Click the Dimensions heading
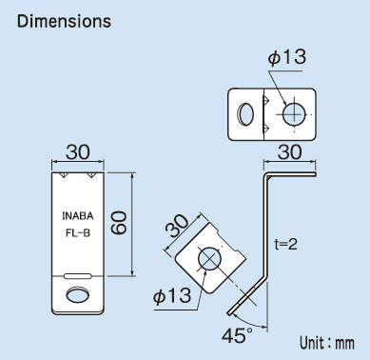(x=64, y=20)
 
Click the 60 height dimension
(x=120, y=224)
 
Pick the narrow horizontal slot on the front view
(x=76, y=276)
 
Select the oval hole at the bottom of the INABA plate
(x=76, y=296)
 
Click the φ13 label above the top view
(x=286, y=58)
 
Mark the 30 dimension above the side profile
(x=293, y=152)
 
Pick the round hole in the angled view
(x=210, y=259)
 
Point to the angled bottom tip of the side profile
(x=232, y=310)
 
